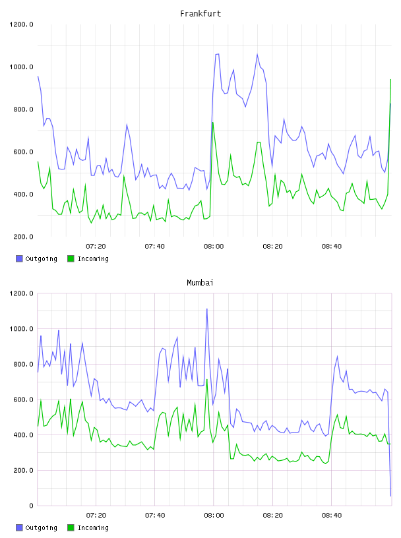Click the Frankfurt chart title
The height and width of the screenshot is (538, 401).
tap(200, 13)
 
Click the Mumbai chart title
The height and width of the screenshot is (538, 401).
tap(200, 282)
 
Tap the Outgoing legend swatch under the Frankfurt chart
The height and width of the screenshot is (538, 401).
tap(19, 258)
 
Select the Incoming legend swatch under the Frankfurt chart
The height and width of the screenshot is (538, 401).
tap(71, 258)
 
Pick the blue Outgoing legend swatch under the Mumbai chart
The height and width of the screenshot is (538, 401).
tap(19, 527)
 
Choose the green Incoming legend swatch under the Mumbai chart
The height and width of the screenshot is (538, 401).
tap(71, 527)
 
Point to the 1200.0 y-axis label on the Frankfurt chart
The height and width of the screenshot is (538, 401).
tap(21, 24)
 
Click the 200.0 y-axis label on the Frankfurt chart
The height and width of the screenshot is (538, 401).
tap(23, 237)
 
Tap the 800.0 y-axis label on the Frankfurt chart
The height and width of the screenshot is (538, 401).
tap(23, 109)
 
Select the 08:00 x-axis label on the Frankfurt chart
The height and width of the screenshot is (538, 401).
tap(214, 246)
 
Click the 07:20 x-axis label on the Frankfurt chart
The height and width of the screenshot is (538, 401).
tap(96, 246)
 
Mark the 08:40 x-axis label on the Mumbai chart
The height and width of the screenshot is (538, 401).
tap(332, 515)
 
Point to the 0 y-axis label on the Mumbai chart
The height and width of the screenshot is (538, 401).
tap(31, 506)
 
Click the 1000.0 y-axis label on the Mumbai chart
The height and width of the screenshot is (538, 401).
tap(21, 329)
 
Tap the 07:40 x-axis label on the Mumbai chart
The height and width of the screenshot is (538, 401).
tap(155, 515)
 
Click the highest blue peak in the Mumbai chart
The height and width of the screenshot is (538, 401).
tap(206, 309)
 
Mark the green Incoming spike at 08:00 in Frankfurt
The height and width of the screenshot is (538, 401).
tap(213, 123)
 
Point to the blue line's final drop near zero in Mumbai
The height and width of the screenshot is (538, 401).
tap(390, 495)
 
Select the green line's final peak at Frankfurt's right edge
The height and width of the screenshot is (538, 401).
tap(390, 80)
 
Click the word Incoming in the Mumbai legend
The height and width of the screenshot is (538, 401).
tap(93, 527)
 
